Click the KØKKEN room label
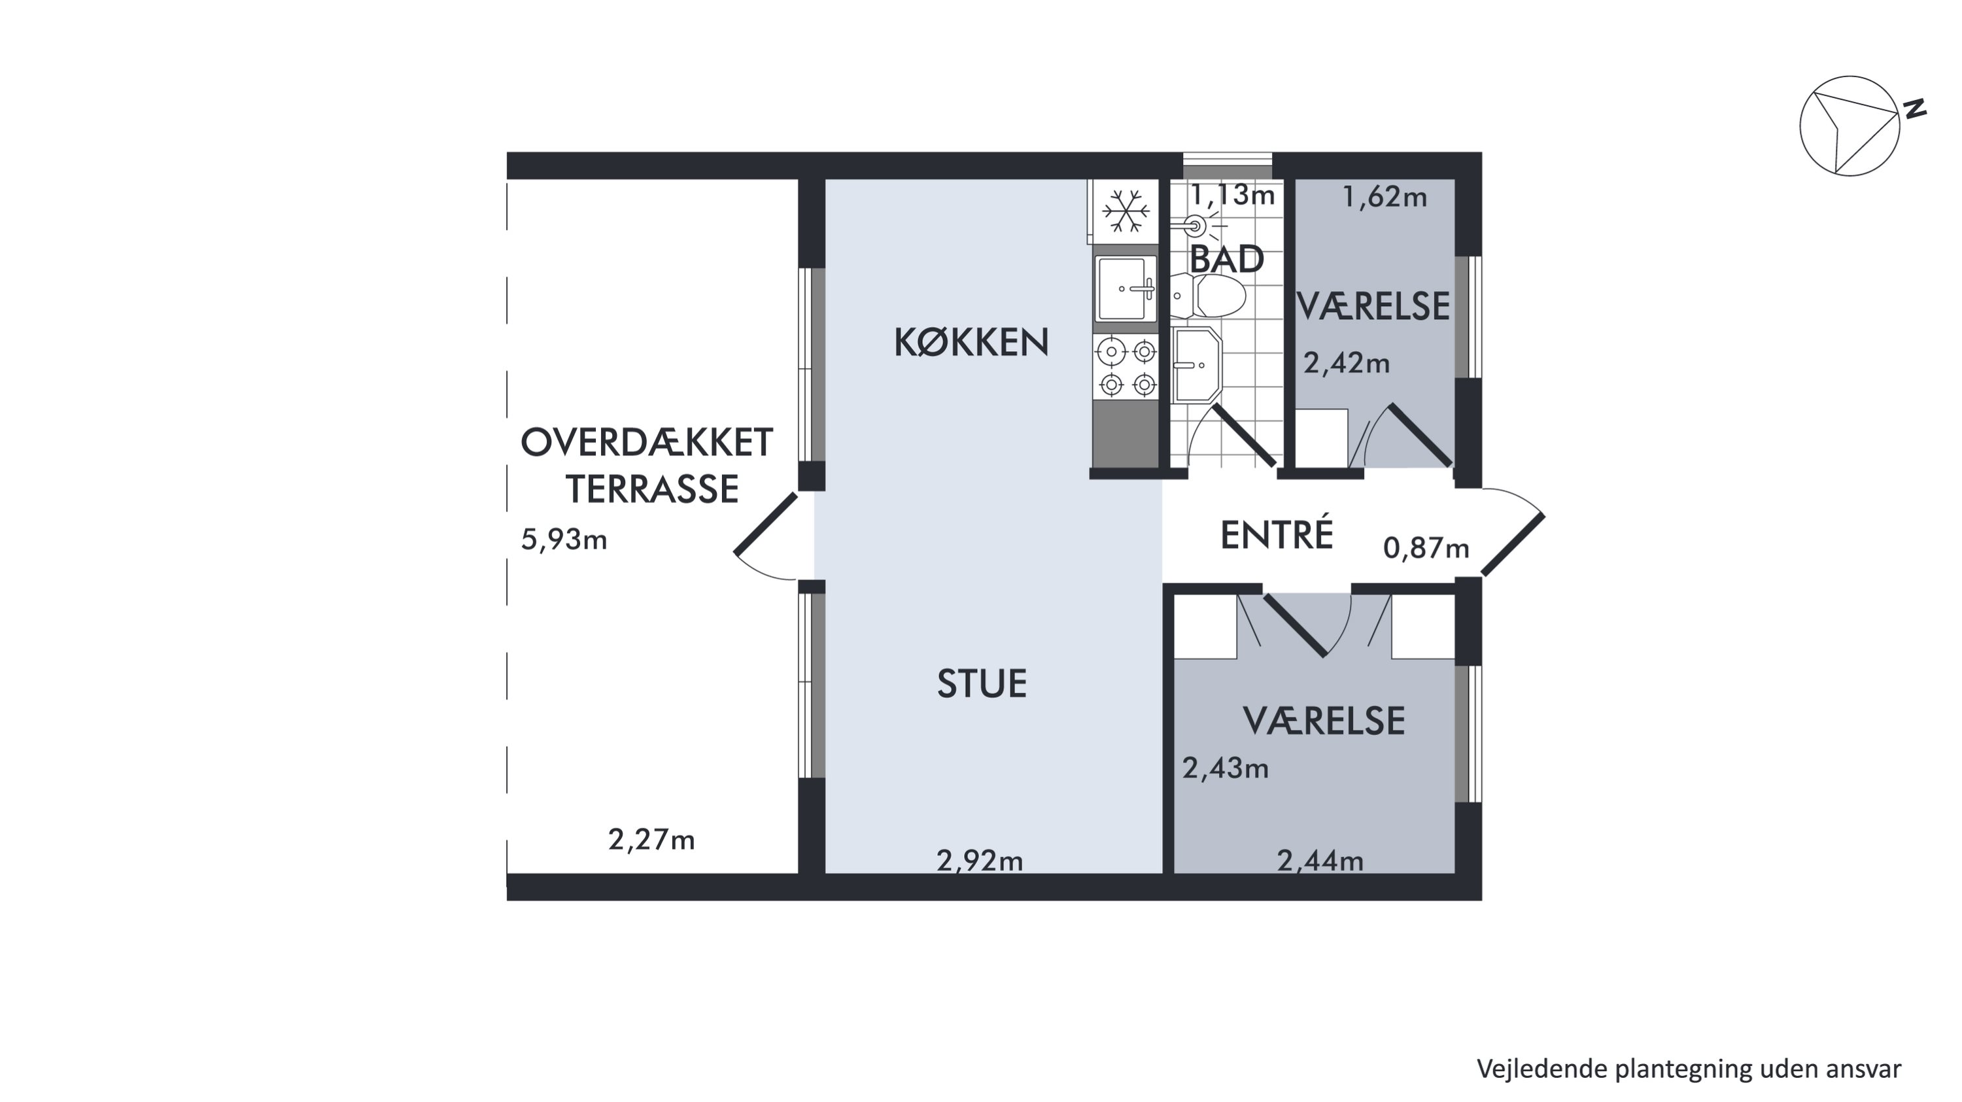point(971,343)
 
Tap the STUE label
point(982,683)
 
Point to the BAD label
point(1226,260)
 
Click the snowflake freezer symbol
point(1126,211)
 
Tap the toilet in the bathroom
point(1207,296)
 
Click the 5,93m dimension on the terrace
point(564,540)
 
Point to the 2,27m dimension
point(651,839)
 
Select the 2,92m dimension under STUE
point(980,861)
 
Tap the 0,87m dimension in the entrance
point(1426,547)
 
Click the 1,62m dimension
point(1384,198)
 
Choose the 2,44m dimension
point(1320,861)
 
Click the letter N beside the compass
point(1916,109)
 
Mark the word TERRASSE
point(653,489)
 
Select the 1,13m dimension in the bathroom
point(1232,195)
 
